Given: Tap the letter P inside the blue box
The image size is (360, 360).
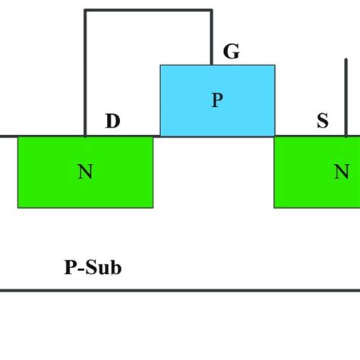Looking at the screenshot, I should [x=217, y=101].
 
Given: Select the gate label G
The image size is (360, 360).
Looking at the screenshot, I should [x=231, y=52].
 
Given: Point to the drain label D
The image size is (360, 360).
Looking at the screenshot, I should [x=112, y=121].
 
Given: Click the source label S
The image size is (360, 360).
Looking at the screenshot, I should [x=322, y=121].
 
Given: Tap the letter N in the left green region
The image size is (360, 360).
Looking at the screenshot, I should [x=85, y=172].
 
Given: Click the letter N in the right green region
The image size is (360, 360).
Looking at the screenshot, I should [x=342, y=172].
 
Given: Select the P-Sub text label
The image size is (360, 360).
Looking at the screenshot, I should [x=92, y=267].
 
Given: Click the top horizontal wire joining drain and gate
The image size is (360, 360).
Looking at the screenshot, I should [x=148, y=11].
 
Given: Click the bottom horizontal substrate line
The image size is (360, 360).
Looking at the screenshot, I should [x=180, y=290].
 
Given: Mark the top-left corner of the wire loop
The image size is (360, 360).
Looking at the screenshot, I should [x=85, y=11].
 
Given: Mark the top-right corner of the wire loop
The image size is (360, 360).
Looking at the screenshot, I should [x=212, y=11].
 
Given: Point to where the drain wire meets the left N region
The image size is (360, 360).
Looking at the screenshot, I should [x=85, y=137].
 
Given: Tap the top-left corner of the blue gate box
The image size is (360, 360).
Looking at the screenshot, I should [x=160, y=65].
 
